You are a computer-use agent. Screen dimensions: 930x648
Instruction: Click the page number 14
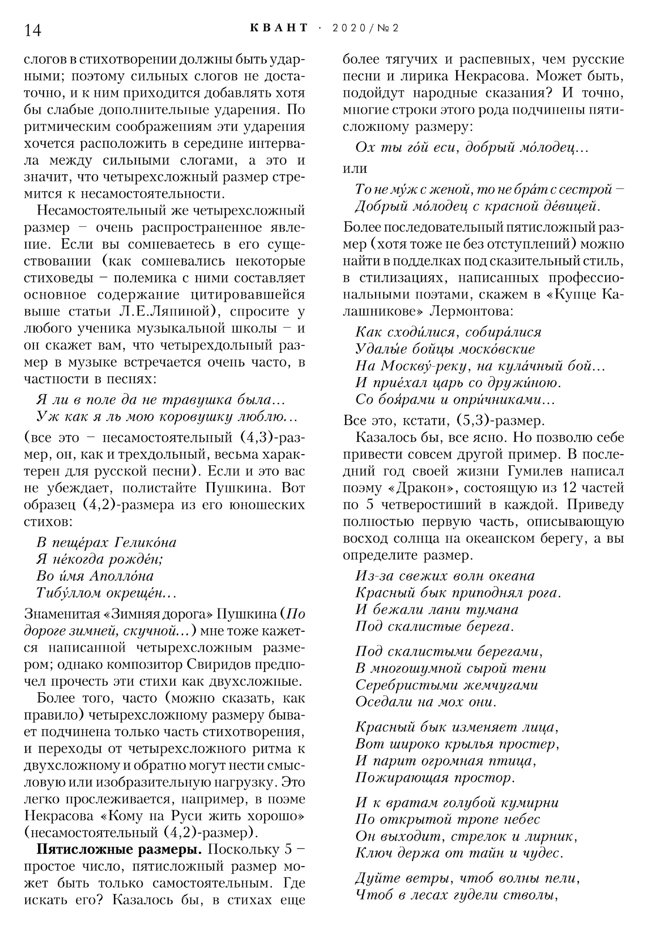pos(33,31)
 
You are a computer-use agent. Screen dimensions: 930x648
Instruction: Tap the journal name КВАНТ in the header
pos(279,28)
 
